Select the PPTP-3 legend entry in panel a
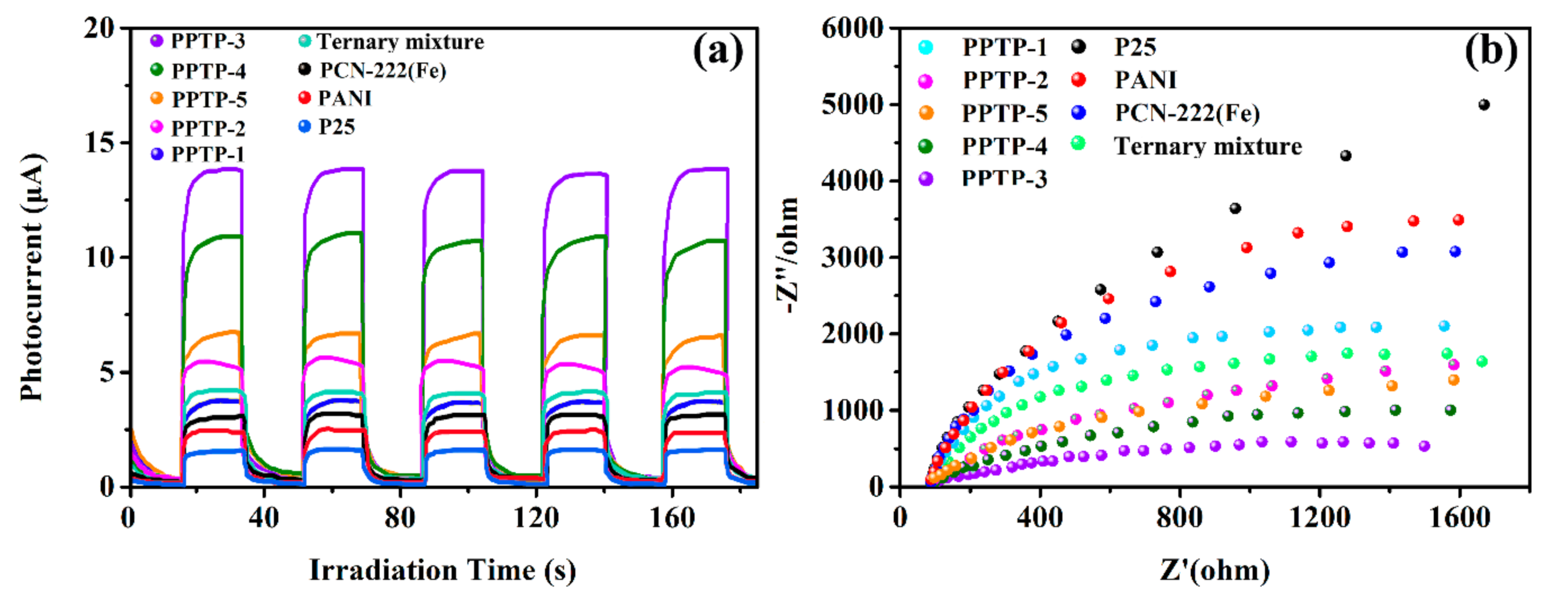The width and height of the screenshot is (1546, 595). [x=208, y=41]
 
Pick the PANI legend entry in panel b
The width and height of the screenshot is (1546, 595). [x=1145, y=80]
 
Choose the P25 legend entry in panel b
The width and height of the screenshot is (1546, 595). [x=1135, y=47]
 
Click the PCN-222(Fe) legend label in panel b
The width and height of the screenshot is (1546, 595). [x=1187, y=113]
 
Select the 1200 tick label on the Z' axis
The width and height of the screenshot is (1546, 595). [x=1320, y=517]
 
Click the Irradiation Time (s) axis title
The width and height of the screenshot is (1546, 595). [x=442, y=570]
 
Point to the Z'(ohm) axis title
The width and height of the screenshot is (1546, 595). [x=1215, y=570]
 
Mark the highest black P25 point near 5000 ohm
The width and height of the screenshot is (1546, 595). [x=1484, y=105]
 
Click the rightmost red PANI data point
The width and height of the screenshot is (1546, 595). [x=1458, y=220]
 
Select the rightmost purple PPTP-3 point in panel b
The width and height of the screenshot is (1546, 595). [x=1424, y=446]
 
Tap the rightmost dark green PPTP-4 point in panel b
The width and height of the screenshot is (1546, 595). [x=1450, y=410]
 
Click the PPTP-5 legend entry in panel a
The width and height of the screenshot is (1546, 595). [x=209, y=99]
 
